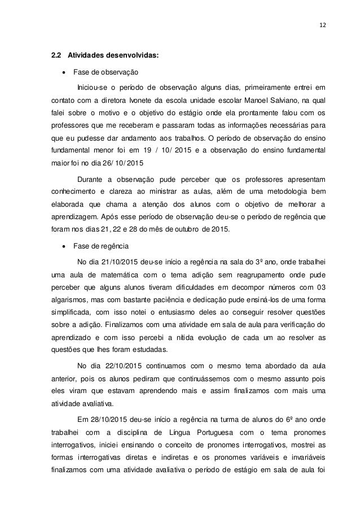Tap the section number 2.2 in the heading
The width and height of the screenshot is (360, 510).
56,56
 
